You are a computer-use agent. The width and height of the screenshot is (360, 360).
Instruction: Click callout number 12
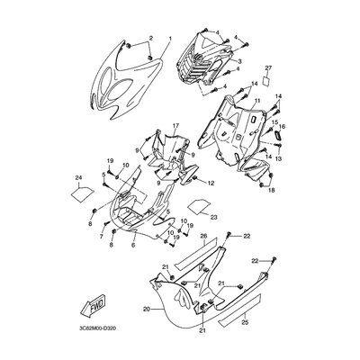click(211, 183)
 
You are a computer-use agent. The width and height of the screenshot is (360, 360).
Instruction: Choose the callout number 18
click(273, 191)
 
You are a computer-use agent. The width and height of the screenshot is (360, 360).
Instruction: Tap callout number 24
click(79, 176)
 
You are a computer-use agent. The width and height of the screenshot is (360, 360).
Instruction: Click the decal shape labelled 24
click(80, 191)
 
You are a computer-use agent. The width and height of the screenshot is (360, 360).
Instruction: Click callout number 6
click(131, 244)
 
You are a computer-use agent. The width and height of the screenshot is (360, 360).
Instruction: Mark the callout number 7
click(102, 237)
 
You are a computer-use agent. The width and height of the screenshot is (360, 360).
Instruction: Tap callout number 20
click(146, 309)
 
